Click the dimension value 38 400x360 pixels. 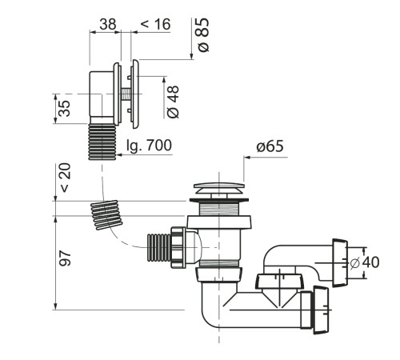(108, 24)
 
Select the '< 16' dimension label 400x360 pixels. (155, 24)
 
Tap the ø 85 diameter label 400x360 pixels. (203, 34)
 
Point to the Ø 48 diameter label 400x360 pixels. (173, 102)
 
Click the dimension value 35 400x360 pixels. (64, 109)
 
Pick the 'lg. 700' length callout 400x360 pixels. (149, 146)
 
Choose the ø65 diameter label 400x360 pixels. (270, 146)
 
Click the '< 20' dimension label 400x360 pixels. (66, 178)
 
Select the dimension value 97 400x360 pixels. (66, 258)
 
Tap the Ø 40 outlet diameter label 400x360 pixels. (365, 262)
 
